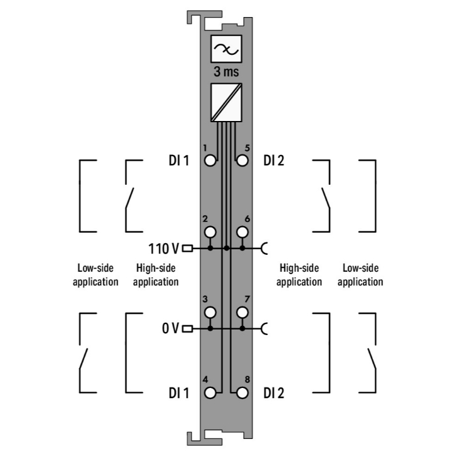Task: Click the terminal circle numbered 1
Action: (210, 161)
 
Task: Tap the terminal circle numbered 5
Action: (242, 161)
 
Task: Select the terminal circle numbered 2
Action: (210, 232)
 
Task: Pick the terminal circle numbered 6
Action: (242, 232)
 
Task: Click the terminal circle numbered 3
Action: (210, 313)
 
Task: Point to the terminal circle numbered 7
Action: (242, 313)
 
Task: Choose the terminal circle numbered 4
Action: (210, 393)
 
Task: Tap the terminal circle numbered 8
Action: (242, 393)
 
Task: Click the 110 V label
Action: (164, 249)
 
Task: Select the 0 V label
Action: (170, 328)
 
